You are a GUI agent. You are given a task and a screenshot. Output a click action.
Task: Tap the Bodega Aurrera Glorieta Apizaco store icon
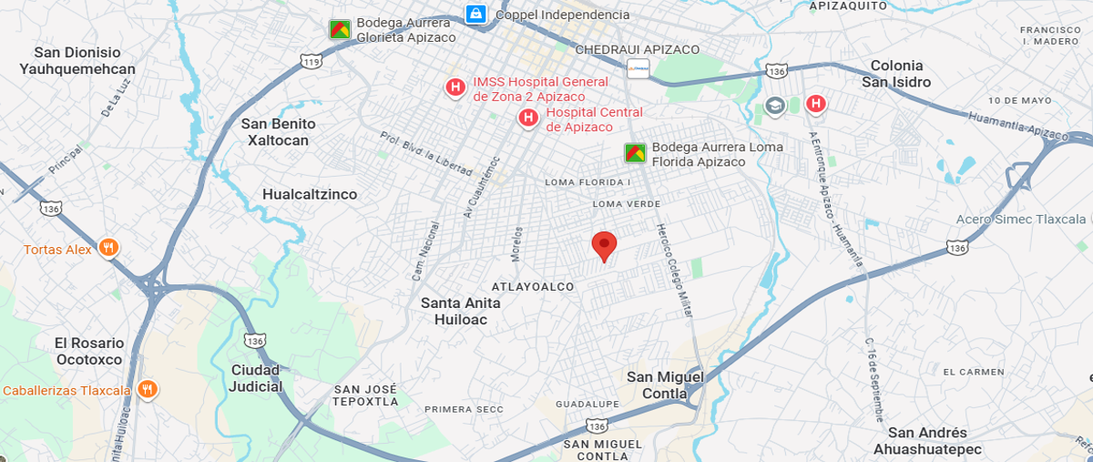[x=340, y=29]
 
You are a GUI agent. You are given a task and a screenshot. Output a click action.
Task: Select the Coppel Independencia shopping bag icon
[x=475, y=14]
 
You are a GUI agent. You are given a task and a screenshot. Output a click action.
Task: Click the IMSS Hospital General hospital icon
[x=455, y=87]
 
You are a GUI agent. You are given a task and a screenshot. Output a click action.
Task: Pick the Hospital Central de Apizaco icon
[x=526, y=118]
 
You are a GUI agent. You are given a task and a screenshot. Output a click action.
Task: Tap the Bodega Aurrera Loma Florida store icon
[x=635, y=153]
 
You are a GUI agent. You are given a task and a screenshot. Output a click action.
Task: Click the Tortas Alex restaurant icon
[x=108, y=248]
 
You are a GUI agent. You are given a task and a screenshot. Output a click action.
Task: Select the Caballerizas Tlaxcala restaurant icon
[x=148, y=390]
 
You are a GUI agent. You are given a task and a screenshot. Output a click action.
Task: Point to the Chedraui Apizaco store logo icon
[x=638, y=67]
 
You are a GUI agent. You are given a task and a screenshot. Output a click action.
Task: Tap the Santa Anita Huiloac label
[x=455, y=312]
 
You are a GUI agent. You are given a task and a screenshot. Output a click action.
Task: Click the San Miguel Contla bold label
[x=666, y=385]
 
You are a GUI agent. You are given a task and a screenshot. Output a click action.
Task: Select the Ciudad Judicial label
[x=256, y=378]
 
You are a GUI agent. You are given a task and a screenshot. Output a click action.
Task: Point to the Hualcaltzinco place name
[x=310, y=194]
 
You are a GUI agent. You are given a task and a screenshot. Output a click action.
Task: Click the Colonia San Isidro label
[x=896, y=74]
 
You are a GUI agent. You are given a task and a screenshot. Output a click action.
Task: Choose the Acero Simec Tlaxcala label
[x=1021, y=220]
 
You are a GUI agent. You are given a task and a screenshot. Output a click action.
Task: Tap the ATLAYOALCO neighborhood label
[x=533, y=287]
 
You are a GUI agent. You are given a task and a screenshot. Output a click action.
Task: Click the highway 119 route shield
[x=312, y=62]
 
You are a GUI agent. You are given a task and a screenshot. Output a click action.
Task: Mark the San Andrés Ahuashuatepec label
[x=927, y=441]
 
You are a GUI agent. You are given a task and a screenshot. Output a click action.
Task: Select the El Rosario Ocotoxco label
[x=88, y=351]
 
